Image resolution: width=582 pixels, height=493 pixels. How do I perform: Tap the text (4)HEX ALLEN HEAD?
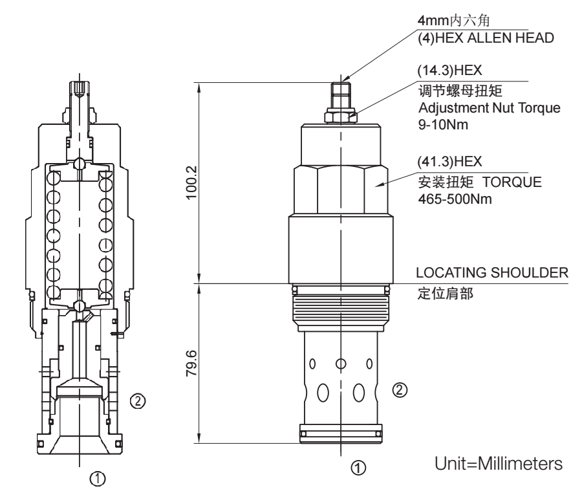tap(486, 39)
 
